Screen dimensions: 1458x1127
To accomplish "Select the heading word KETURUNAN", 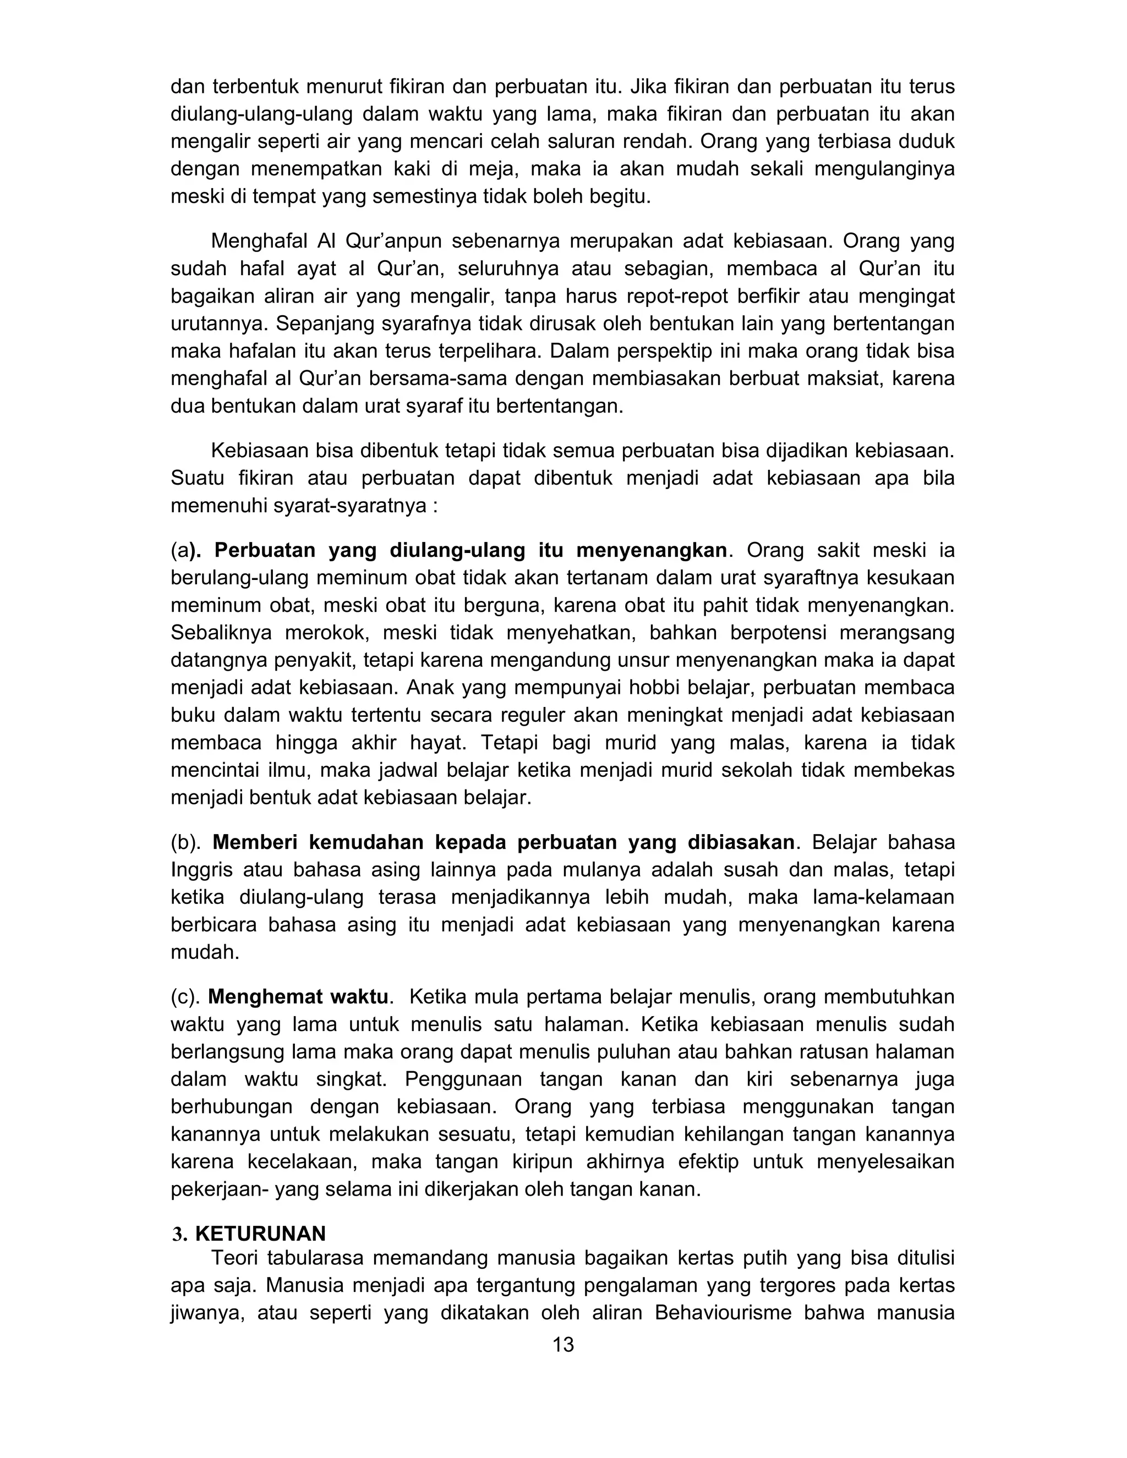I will pos(260,1233).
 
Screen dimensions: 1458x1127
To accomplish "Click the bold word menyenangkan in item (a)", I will pos(651,550).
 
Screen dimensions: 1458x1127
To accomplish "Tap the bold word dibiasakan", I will pos(741,842).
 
